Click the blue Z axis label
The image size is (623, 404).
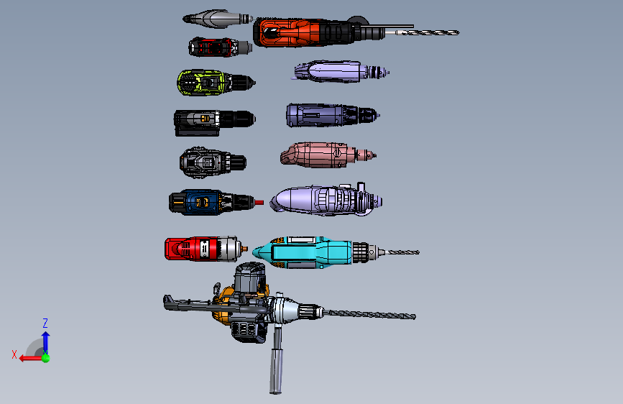point(45,323)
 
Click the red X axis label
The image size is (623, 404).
point(14,354)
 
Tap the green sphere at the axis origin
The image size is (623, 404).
point(46,358)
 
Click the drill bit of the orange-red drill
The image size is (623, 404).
point(427,32)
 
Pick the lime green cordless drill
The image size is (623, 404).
point(216,83)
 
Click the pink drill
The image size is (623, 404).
point(328,155)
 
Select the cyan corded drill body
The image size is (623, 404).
point(303,252)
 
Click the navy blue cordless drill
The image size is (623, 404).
point(211,202)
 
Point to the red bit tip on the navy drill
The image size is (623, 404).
point(259,203)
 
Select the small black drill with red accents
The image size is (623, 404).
point(220,47)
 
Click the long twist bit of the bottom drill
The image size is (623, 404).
point(369,315)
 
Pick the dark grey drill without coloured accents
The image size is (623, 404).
point(212,162)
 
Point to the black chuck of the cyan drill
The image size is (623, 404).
point(361,252)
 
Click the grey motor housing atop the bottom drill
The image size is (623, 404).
point(249,278)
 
